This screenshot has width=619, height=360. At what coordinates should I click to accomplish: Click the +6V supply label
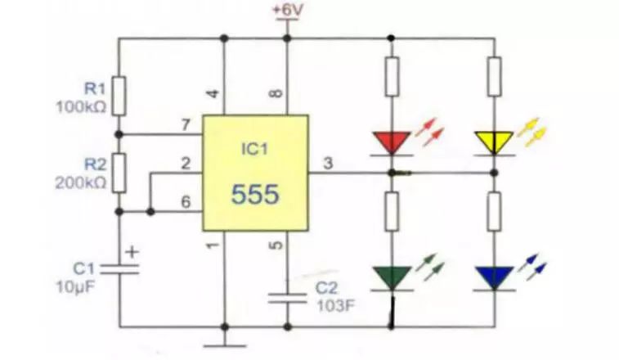[286, 10]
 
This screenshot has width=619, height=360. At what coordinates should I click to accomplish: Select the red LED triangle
[391, 143]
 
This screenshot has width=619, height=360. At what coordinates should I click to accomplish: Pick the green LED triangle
[391, 277]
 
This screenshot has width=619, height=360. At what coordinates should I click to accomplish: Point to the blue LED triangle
[495, 277]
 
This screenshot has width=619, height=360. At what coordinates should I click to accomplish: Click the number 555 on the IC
[254, 195]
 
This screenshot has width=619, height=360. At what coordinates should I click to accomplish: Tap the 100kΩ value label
[81, 107]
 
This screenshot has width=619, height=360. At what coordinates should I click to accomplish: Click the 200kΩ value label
[81, 184]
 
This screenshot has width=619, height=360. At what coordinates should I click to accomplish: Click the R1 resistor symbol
[119, 96]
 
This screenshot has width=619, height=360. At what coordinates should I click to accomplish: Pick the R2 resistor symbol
[119, 171]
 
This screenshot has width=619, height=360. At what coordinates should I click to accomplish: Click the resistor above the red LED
[391, 75]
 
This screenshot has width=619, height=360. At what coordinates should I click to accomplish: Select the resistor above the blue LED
[495, 211]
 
